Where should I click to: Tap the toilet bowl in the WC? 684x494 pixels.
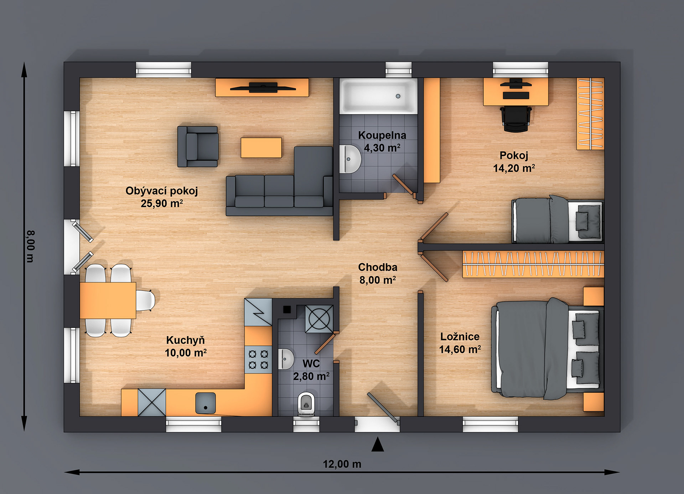point(306,404)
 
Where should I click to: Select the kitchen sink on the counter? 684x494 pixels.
point(206,403)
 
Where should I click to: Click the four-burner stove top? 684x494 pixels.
point(258,359)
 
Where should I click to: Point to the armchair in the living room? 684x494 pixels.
point(198,146)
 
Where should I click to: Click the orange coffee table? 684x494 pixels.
point(261,148)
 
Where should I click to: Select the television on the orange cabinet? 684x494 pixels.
point(263,87)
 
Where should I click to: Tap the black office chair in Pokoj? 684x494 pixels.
point(515,118)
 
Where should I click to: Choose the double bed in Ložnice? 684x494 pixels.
point(547,349)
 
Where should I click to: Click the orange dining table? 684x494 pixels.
point(108,300)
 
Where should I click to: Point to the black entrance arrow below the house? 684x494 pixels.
point(378,445)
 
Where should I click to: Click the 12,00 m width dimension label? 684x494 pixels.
point(342,464)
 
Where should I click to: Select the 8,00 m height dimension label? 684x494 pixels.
point(31,246)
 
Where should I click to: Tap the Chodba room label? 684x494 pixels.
point(378,267)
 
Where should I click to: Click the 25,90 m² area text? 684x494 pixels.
point(162,203)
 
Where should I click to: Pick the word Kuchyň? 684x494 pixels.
point(186,340)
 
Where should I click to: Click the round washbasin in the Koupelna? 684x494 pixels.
point(350,159)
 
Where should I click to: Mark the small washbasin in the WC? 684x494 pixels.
point(286,359)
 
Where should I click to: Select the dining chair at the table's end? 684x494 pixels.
point(146,300)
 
